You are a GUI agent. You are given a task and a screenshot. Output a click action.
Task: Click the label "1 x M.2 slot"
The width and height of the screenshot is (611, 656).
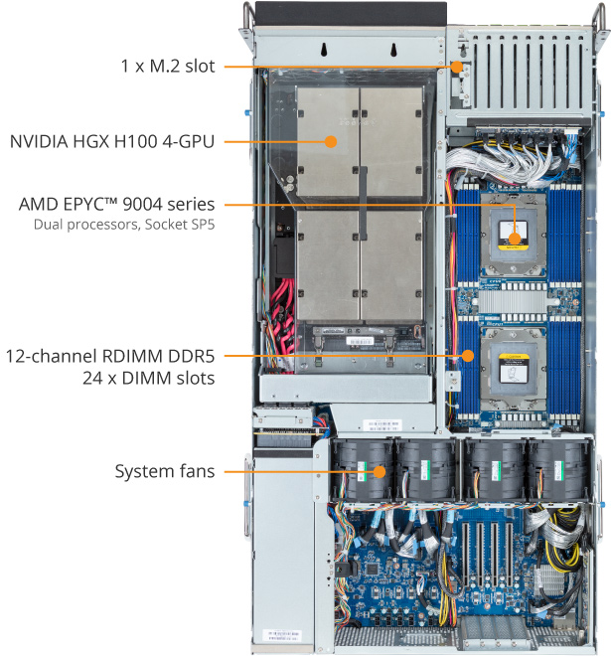click(x=166, y=67)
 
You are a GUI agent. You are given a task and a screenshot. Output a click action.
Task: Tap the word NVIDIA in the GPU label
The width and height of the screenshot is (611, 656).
click(x=43, y=141)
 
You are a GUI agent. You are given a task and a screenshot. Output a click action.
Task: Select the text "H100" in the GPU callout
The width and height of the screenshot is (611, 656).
click(x=150, y=141)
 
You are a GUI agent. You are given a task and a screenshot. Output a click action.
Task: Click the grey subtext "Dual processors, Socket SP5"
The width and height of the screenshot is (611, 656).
click(x=124, y=225)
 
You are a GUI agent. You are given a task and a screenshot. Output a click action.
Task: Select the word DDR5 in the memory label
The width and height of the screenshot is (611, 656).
click(x=191, y=355)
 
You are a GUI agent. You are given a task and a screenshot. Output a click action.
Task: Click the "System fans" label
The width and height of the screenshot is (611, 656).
click(x=164, y=470)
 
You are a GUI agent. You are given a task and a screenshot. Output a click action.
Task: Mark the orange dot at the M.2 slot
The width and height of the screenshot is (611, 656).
click(x=457, y=68)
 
